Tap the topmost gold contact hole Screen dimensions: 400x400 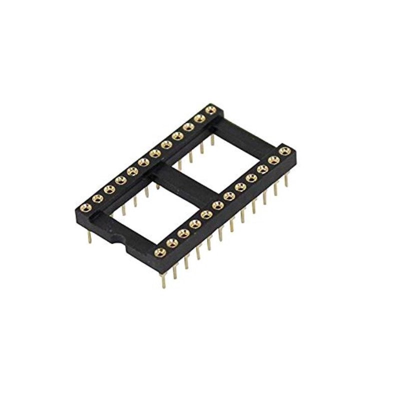tap(210, 109)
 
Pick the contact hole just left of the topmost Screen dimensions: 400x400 tap(199, 117)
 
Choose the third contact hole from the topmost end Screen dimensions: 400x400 tap(188, 126)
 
